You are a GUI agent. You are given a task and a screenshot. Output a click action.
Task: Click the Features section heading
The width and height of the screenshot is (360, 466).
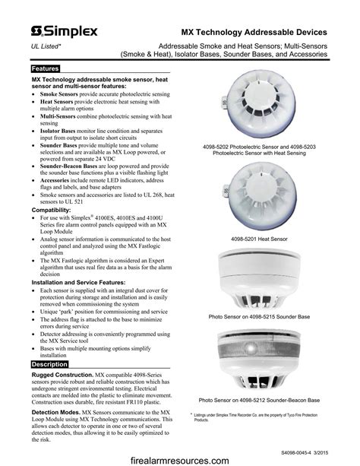(46, 69)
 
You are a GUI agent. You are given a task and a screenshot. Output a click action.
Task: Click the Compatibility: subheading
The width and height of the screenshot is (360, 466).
(57, 209)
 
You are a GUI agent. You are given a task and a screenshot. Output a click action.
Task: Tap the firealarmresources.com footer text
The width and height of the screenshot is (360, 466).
(180, 459)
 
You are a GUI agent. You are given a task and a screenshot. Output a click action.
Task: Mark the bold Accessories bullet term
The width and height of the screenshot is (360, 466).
(58, 181)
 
